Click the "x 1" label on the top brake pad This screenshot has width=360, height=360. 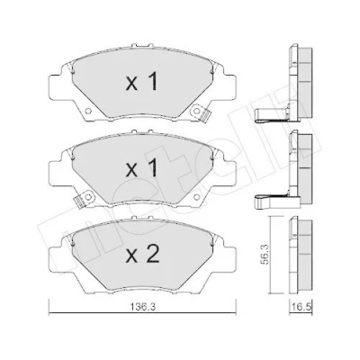[x=142, y=82]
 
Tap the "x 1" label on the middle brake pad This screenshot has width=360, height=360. [x=142, y=168]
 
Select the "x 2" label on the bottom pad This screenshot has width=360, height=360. [x=142, y=255]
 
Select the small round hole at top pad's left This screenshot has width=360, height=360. [x=88, y=112]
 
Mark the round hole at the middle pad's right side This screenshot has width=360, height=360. [x=196, y=197]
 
